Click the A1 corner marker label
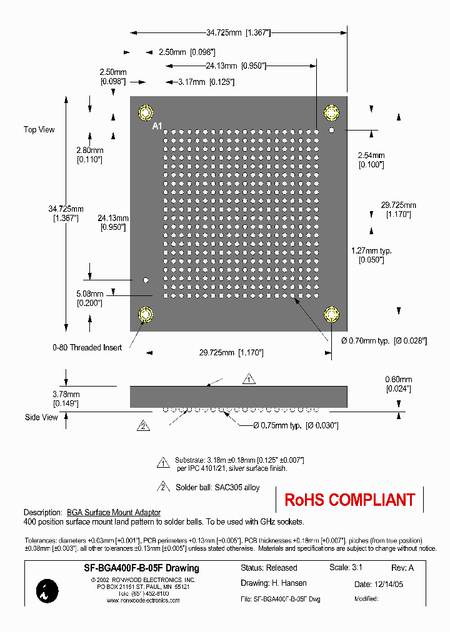[x=157, y=126]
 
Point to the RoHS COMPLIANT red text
[x=349, y=500]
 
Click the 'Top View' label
[x=39, y=130]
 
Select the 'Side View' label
[x=41, y=417]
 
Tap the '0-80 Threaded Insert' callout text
[x=87, y=347]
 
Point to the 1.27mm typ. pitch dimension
[x=371, y=250]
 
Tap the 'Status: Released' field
[x=269, y=568]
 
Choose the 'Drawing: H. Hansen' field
[x=274, y=583]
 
